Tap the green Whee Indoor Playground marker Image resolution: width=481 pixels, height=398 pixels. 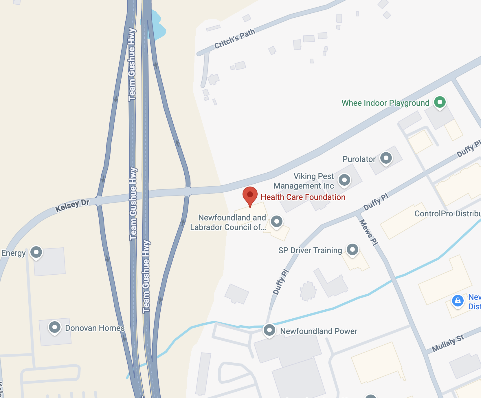(x=440, y=102)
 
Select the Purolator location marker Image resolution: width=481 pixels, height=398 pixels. (x=386, y=158)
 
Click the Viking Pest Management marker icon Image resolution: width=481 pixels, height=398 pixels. (x=344, y=180)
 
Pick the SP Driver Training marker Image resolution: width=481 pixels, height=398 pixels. (x=352, y=249)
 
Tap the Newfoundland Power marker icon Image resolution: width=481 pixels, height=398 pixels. (x=269, y=330)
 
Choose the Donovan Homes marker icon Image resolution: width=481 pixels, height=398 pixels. (x=55, y=328)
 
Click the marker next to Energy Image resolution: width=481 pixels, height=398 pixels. (x=36, y=252)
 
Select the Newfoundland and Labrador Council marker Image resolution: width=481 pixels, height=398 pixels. (x=276, y=222)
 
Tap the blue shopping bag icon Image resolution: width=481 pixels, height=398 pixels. (x=458, y=301)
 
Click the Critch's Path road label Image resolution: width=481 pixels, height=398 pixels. (x=235, y=39)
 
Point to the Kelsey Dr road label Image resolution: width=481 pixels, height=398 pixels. (x=72, y=205)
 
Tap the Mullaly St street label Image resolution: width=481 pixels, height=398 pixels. (x=448, y=343)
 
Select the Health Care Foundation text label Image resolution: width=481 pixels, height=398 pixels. (x=303, y=197)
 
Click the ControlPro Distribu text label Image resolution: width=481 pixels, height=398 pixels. (x=447, y=214)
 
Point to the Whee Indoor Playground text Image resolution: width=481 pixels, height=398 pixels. (x=385, y=103)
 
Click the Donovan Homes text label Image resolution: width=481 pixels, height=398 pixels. (x=95, y=328)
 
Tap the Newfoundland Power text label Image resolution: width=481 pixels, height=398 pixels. (x=319, y=331)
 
